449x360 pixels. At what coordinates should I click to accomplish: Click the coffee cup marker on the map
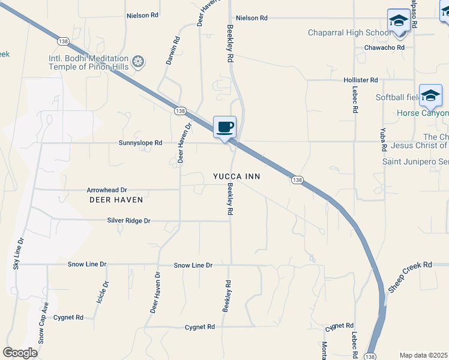point(224,127)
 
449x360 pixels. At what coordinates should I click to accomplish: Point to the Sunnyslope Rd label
point(140,143)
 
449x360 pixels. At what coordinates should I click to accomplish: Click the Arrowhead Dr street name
point(107,190)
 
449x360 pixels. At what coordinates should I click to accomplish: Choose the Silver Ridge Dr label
point(128,221)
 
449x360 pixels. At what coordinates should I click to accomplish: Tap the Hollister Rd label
point(360,80)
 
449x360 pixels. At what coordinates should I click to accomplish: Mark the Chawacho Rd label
point(388,47)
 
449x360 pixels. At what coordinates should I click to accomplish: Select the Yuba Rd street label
point(382,140)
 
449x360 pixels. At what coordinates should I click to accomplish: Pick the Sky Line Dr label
point(19,253)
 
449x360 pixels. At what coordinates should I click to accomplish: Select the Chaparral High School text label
point(349,32)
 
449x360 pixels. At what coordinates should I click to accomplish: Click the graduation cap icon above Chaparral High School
point(399,20)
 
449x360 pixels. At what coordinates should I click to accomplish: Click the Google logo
point(20,353)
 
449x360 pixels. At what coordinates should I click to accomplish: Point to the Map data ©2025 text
point(423,355)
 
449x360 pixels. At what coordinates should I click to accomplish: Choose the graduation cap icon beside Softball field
point(430,95)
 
